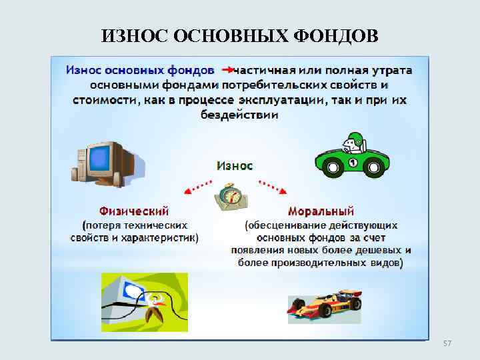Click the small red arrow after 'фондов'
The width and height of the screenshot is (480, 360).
point(227,69)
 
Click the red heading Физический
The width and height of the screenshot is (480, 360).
point(134,211)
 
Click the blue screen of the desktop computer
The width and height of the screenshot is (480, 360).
point(100,157)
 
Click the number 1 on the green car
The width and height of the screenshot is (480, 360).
point(352,163)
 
